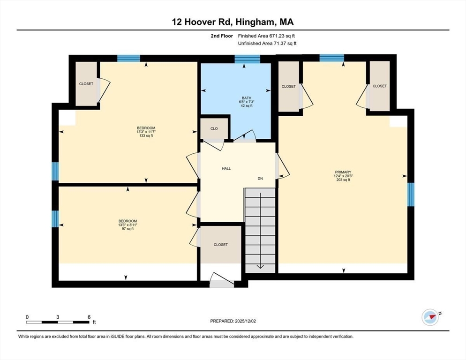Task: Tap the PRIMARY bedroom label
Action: coord(342,172)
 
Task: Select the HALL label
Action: coord(226,168)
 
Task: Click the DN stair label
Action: coord(260,179)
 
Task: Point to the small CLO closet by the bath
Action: coord(214,127)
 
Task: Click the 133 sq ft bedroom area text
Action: coord(146,135)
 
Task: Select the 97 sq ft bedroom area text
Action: coord(127,229)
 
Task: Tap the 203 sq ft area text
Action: coord(342,180)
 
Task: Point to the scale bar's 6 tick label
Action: coord(89,317)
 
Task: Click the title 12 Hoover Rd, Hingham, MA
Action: coord(233,22)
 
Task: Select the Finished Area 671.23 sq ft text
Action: coord(267,36)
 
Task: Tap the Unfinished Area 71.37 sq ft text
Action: coord(267,43)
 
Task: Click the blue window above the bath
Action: coord(247,59)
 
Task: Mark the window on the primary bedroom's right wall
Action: coord(411,194)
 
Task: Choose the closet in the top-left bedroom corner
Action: coord(86,83)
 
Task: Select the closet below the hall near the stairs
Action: coord(221,244)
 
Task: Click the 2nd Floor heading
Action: coord(222,36)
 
